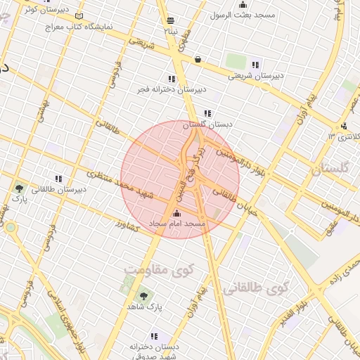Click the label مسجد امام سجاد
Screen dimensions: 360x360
[x=176, y=224]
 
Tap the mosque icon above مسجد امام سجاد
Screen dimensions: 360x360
[x=176, y=214]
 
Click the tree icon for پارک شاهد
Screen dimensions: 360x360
[x=144, y=296]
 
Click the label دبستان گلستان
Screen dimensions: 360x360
[x=207, y=124]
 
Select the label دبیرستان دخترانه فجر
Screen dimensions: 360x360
[x=172, y=89]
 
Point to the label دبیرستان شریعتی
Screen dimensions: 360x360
[x=258, y=75]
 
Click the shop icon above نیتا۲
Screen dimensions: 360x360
[x=169, y=20]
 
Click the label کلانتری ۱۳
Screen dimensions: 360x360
[x=345, y=136]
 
